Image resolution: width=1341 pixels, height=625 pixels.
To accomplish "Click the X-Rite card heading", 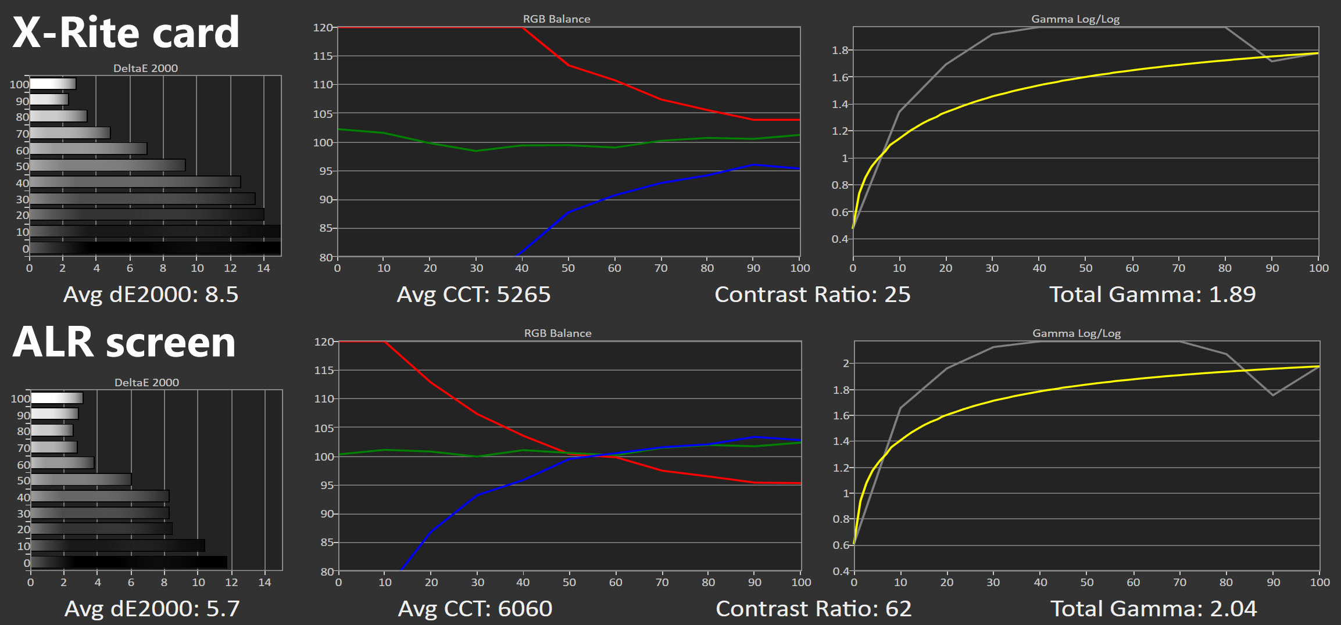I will (126, 33).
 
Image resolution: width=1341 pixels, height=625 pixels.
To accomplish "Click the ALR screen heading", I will (124, 342).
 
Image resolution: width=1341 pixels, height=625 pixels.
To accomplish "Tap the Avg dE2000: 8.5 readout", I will (151, 294).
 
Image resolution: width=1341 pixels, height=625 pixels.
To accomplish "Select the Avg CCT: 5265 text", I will (473, 294).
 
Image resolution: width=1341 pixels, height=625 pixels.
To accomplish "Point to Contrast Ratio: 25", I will (812, 294).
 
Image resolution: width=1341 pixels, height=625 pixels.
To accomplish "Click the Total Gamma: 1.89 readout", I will (1152, 294).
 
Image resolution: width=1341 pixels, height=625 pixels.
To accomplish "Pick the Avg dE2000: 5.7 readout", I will (152, 609).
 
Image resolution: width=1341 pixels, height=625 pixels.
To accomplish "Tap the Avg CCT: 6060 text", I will (475, 609).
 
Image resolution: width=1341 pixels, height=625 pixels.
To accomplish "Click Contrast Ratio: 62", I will (813, 609).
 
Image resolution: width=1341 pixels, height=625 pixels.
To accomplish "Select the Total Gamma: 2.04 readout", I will (1153, 609).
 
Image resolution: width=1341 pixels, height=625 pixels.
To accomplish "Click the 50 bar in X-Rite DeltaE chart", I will (108, 166).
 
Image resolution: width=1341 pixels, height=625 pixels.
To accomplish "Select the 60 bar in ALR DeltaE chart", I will (63, 463).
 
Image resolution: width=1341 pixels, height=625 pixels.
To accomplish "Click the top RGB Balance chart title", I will (556, 19).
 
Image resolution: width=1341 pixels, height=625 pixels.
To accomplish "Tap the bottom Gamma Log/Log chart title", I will (1077, 333).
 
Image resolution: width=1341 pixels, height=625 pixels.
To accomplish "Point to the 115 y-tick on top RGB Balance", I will (323, 56).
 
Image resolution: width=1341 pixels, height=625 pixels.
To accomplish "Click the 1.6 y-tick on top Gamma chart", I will (840, 77).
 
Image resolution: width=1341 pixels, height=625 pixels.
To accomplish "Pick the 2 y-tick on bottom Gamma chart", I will (846, 364).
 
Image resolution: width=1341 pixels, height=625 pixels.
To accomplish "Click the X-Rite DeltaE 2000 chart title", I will (145, 69).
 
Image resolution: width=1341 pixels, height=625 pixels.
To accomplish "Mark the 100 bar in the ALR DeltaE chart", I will (57, 398).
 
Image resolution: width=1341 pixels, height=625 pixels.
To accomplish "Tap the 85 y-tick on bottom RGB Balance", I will (327, 543).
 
